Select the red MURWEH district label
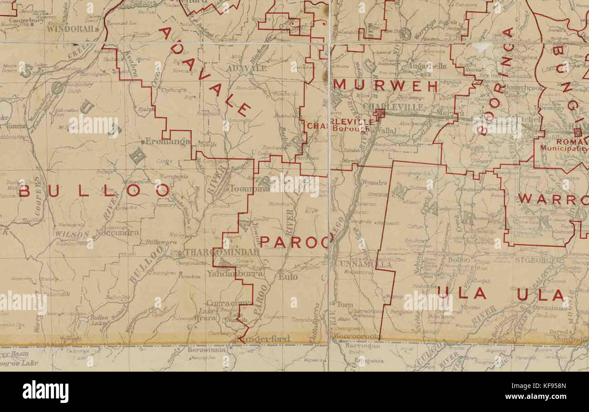386,86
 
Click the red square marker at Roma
578,132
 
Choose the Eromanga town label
166,142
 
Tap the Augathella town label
427,66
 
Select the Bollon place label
459,260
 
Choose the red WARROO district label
553,199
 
